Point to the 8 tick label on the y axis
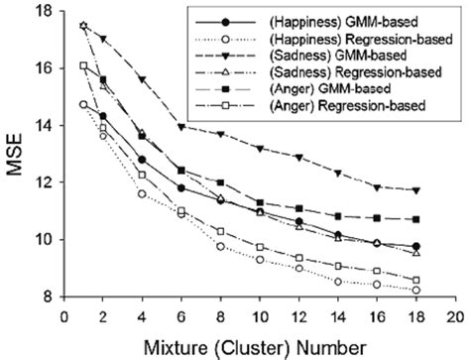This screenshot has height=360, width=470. point(45,296)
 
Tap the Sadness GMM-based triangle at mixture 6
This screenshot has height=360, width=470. point(180,127)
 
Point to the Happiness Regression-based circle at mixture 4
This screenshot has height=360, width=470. point(142,193)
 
